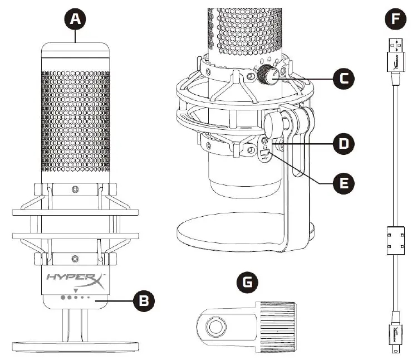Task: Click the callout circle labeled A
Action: pyautogui.click(x=76, y=20)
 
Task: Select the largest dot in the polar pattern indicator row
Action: pyautogui.click(x=63, y=299)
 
